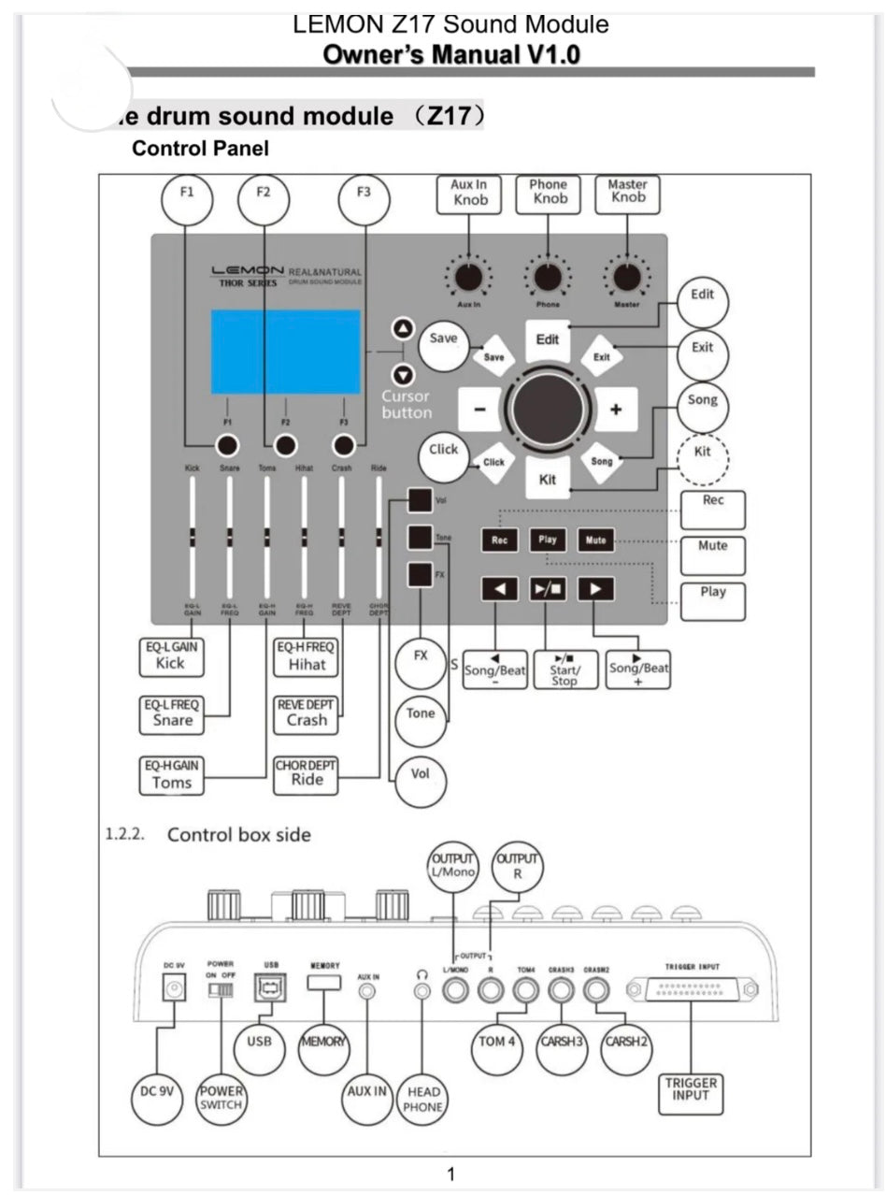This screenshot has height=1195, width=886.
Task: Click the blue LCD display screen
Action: (x=285, y=352)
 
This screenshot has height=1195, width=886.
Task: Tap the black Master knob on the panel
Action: (x=627, y=277)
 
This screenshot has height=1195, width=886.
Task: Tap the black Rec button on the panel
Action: (x=499, y=540)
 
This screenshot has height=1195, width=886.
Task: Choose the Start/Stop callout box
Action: (x=564, y=669)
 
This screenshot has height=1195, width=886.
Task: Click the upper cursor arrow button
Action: (x=403, y=329)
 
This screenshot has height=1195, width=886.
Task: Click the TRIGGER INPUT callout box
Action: (x=691, y=1090)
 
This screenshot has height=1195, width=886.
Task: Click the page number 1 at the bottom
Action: (x=450, y=1173)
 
